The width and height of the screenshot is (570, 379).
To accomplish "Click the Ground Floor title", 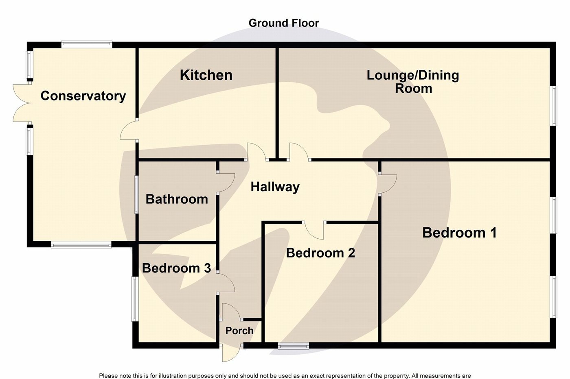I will point(284,23).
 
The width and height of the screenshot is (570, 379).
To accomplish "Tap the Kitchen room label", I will point(206,75).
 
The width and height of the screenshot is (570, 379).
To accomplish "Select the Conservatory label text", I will point(83,96).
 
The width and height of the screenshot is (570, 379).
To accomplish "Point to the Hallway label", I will point(275,187).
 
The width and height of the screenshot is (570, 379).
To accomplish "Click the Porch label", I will point(239,331).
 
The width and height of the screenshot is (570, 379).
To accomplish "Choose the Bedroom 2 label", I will point(320,253).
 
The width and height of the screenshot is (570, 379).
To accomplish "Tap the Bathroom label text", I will point(177,199).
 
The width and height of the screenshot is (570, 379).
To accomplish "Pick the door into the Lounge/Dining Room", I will point(299,152).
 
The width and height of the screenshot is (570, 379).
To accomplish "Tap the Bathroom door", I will point(226,183).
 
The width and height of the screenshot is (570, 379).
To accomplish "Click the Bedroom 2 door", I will point(315,230).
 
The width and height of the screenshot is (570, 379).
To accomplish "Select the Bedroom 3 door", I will point(226,282).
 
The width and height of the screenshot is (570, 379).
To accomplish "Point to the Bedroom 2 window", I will point(294,346).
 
